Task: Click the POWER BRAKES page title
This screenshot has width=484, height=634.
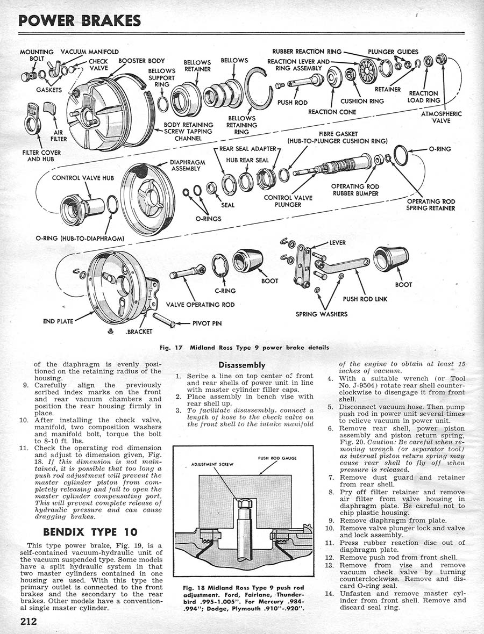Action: point(80,20)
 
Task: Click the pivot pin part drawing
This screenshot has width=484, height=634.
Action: point(164,320)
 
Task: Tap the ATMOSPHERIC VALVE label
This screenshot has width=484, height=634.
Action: point(442,117)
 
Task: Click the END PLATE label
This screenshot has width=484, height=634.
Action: point(58,322)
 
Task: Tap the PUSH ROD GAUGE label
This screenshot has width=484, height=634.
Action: point(278,458)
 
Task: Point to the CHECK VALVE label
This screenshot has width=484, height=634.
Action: point(98,64)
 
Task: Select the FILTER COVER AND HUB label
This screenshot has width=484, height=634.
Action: point(41,156)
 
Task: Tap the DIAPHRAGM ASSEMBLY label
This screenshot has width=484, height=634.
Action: point(186,165)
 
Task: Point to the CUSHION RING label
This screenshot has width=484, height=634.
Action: point(362,100)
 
